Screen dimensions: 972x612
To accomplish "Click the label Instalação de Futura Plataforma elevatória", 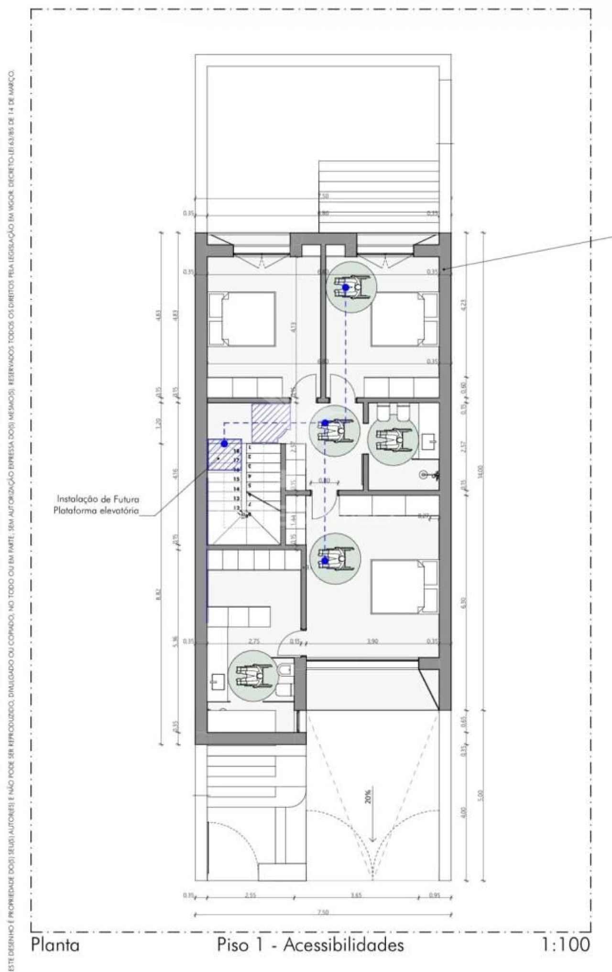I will [98, 505].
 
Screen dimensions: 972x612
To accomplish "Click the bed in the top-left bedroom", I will [242, 319].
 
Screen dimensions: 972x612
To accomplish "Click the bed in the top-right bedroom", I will [404, 319].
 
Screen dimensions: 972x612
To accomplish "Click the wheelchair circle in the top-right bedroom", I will [352, 287].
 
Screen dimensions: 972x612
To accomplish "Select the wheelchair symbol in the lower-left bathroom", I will [252, 676].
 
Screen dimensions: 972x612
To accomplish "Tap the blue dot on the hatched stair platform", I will [224, 444].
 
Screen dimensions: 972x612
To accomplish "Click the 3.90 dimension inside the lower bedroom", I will [372, 641].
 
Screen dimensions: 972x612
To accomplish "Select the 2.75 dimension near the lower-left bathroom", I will [254, 641].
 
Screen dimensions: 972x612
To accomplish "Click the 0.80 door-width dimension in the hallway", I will [324, 481].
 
